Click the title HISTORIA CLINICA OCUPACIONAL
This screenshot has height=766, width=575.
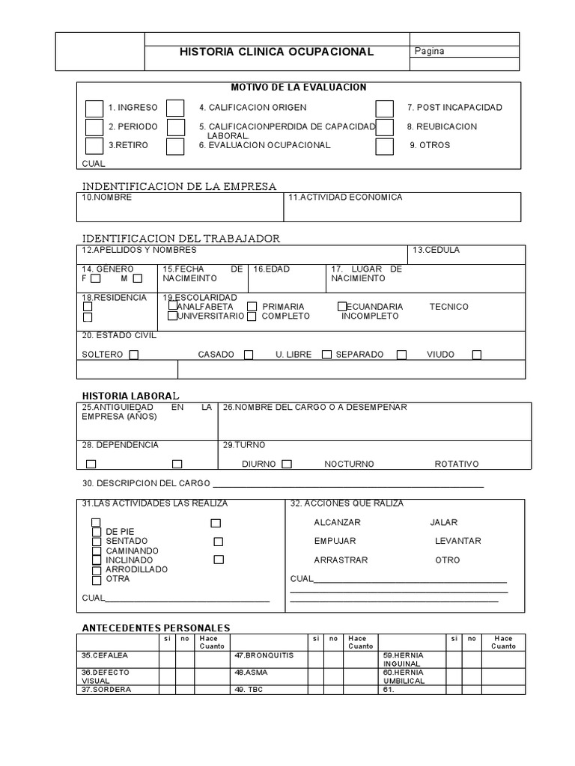tap(276, 52)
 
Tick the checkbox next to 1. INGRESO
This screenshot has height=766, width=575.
tap(94, 108)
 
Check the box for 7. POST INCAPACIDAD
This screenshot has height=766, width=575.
tap(384, 108)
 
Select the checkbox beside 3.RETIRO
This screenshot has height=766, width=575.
tap(94, 146)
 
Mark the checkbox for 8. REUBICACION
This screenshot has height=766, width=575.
tap(384, 127)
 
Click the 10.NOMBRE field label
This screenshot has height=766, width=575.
tap(107, 197)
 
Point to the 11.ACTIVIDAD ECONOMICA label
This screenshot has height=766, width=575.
tap(345, 197)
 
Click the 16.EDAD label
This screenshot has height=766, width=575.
tap(272, 269)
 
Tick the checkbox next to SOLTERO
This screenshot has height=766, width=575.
tap(134, 355)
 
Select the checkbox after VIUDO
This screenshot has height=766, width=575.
tap(477, 355)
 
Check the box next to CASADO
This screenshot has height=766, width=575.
tap(249, 355)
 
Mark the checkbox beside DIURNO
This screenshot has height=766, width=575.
tap(287, 465)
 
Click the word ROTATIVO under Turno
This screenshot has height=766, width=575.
tap(456, 464)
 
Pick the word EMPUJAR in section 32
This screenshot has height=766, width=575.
tap(335, 541)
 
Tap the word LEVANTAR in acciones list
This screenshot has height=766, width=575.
tap(457, 541)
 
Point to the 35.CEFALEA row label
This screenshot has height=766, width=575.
tap(100, 655)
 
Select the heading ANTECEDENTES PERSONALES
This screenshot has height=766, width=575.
tap(155, 628)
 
